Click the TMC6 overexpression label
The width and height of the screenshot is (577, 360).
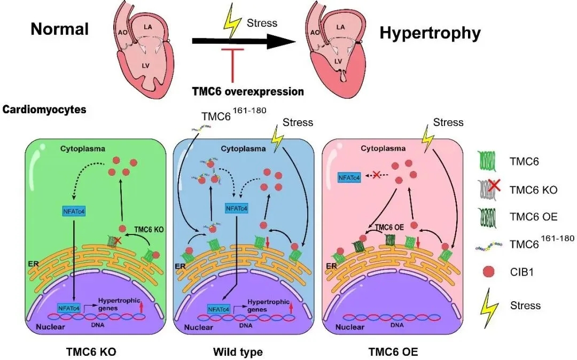pyautogui.click(x=248, y=91)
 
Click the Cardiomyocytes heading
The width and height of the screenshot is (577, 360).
pyautogui.click(x=44, y=110)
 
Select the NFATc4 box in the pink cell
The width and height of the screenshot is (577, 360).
pyautogui.click(x=348, y=176)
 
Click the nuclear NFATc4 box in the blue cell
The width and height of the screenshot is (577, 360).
pyautogui.click(x=217, y=308)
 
